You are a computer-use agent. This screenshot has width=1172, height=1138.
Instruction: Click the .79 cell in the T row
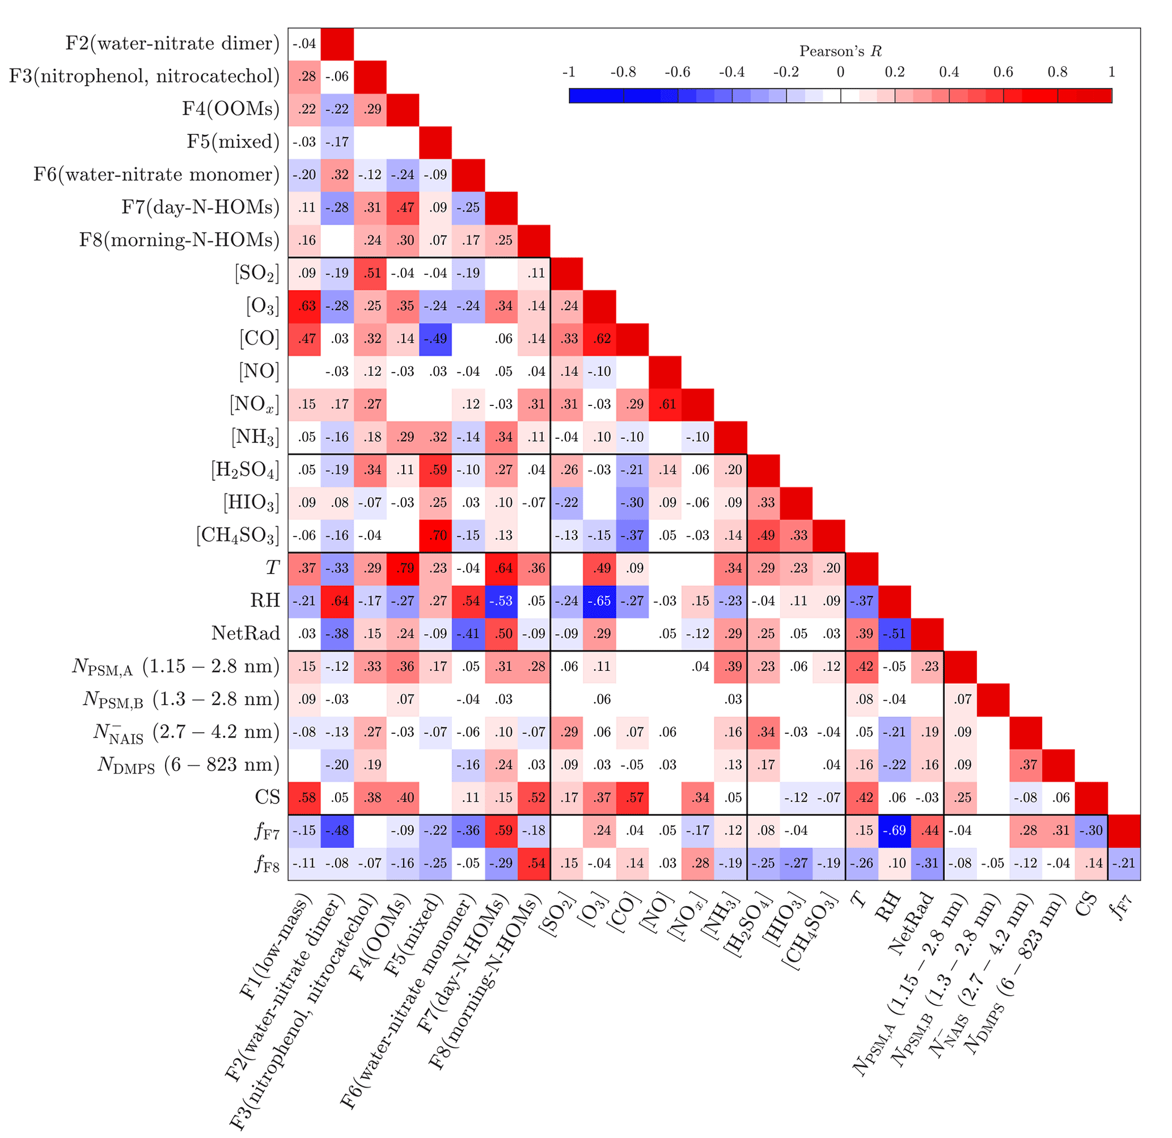coord(405,568)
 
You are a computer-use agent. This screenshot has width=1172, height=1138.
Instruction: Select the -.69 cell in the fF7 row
coord(895,831)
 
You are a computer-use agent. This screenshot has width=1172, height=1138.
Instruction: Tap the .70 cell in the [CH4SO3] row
coord(438,535)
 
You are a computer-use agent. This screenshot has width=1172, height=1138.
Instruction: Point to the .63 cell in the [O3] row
coord(307,306)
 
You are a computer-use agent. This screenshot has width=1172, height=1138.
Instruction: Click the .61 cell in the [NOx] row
coord(667,404)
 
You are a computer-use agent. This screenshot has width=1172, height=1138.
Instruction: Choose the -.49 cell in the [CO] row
coord(438,339)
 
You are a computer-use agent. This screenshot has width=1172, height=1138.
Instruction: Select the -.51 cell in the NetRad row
coord(895,634)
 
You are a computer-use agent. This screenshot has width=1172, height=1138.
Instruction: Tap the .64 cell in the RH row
coord(340,601)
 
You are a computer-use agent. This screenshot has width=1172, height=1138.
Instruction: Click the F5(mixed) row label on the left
coord(233,142)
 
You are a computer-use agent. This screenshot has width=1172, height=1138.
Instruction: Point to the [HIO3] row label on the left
coord(251,502)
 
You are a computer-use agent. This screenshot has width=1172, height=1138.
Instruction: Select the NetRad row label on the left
coord(246,633)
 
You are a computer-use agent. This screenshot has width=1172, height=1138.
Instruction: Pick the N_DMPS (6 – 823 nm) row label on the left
coord(188,765)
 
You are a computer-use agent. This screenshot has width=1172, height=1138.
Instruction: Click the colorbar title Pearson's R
coord(840,52)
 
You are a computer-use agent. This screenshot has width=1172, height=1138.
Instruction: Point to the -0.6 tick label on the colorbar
coord(677,73)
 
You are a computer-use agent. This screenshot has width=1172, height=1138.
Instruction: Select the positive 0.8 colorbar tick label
coord(1057,73)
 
